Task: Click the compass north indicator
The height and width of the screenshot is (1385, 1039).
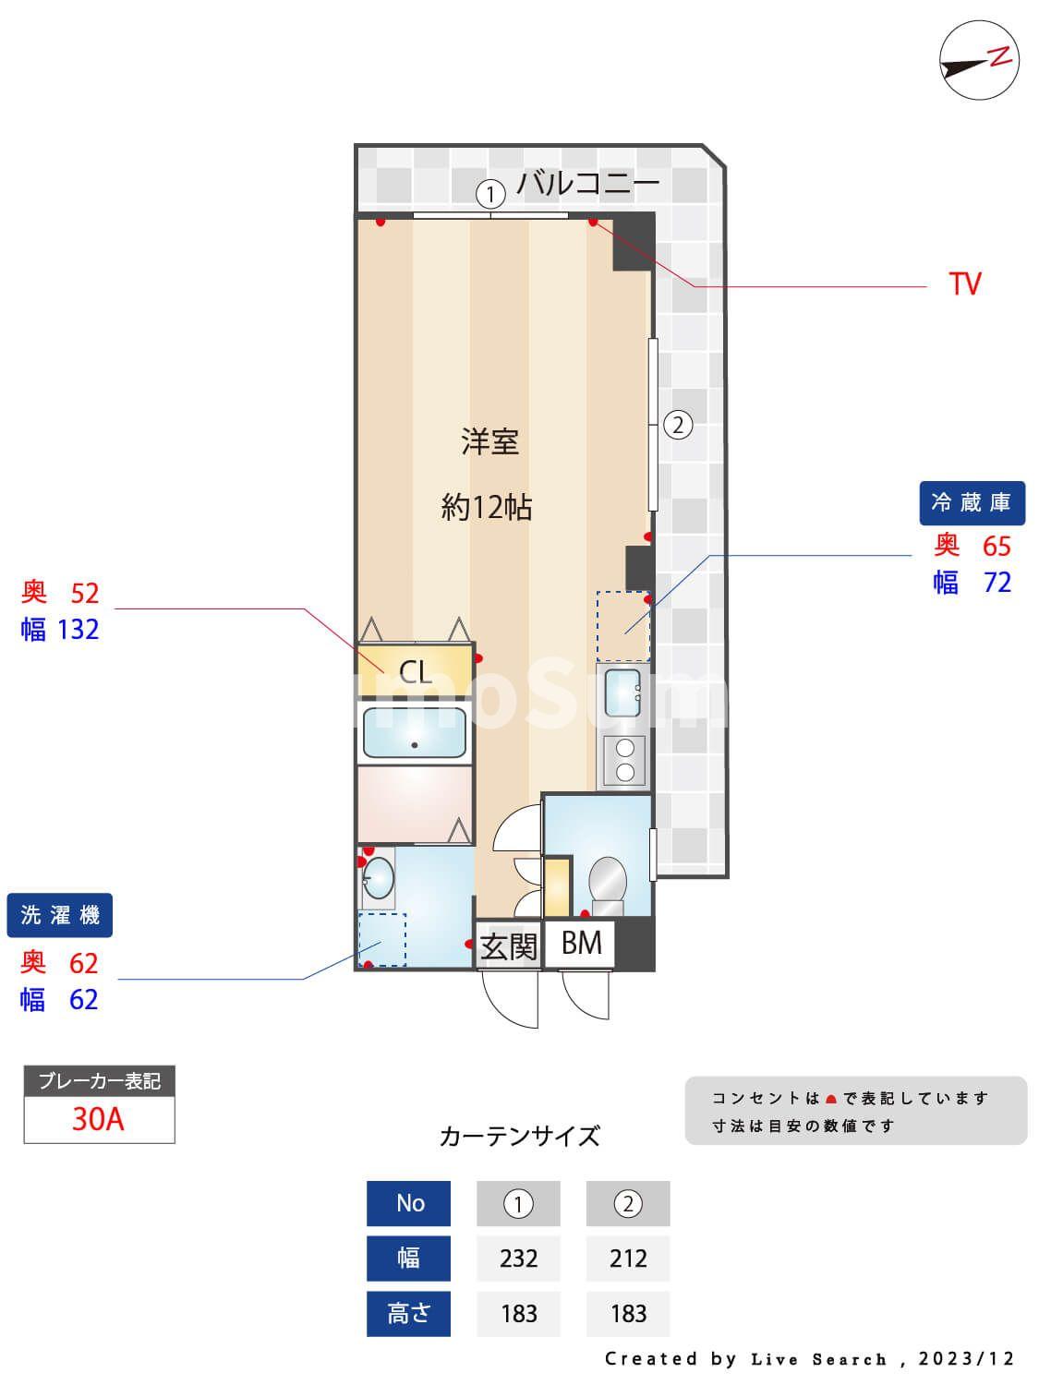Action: coord(979,61)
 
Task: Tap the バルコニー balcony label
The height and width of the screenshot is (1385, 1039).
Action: coord(587,182)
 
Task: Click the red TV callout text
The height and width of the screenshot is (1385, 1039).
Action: coord(964,283)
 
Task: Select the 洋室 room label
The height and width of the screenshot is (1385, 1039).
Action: coord(489,441)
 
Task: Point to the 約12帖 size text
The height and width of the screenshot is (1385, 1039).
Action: coord(487,507)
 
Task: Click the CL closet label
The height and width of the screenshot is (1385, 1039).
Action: coord(415,671)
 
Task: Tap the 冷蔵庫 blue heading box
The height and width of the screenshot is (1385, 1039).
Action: coord(972,502)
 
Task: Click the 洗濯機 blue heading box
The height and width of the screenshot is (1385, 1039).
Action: coord(60,915)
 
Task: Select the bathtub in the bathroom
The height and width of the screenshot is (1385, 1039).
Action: coord(414,732)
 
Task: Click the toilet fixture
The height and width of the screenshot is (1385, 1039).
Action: coord(607,883)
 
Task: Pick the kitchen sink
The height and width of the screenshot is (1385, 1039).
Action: coord(622,692)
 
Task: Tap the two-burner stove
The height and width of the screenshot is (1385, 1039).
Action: coord(624,761)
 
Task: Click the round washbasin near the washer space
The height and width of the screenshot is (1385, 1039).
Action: coord(378,878)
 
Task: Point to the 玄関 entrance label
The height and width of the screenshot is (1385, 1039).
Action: coord(508,945)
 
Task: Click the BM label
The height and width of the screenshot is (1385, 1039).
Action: coord(582,943)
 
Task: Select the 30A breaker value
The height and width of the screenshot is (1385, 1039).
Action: coord(98,1119)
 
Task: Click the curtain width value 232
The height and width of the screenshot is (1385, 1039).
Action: coord(518,1258)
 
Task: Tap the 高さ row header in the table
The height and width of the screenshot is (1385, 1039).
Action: coord(408,1312)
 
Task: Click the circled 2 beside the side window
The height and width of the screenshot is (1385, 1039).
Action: coord(678,426)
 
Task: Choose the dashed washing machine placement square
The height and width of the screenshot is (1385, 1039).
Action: coord(382,939)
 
